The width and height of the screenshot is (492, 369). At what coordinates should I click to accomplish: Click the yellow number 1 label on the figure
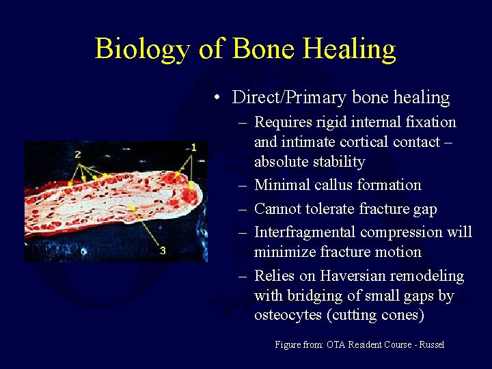pos(193,147)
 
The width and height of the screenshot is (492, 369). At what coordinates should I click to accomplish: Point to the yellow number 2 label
pos(77,154)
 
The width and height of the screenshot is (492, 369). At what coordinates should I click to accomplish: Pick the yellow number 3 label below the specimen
pos(163,251)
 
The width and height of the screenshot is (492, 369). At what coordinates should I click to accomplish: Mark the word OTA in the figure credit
pos(337,345)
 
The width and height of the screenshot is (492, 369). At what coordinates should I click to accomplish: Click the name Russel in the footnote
pos(431,345)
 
